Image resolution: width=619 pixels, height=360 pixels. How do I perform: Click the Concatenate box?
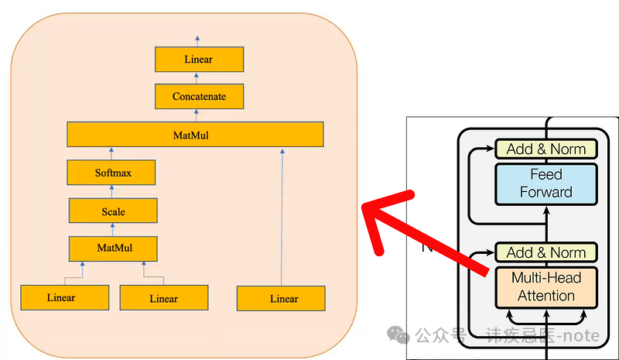(x=200, y=97)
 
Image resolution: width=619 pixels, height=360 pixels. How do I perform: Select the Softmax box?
(x=113, y=173)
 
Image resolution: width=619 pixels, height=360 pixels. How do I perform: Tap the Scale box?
(x=113, y=211)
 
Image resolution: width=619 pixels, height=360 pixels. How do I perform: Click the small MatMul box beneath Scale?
(x=113, y=249)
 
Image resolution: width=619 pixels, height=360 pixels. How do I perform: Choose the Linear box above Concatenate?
(x=199, y=59)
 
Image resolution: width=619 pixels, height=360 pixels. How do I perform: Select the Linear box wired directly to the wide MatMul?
(x=281, y=298)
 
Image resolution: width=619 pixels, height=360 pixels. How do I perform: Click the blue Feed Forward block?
(x=545, y=183)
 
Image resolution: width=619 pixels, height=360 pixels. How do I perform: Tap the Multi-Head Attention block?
(x=545, y=286)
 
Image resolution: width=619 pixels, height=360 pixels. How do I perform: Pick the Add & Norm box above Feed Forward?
(x=545, y=149)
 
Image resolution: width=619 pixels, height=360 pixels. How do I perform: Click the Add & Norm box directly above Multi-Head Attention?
(x=545, y=252)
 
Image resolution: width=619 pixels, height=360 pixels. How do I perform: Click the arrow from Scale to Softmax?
(x=113, y=191)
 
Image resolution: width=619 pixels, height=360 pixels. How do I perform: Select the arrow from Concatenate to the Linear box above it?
(x=199, y=77)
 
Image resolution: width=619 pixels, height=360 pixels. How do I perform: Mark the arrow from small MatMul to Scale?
(x=113, y=229)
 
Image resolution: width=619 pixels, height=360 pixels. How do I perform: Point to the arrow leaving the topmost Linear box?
(x=199, y=40)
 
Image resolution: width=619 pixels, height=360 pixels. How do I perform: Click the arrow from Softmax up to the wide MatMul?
(x=113, y=153)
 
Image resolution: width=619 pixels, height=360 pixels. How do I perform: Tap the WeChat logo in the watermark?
(x=399, y=334)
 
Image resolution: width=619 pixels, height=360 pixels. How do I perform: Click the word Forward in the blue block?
(x=545, y=192)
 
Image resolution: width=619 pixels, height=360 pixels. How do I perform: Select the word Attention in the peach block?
(x=545, y=295)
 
